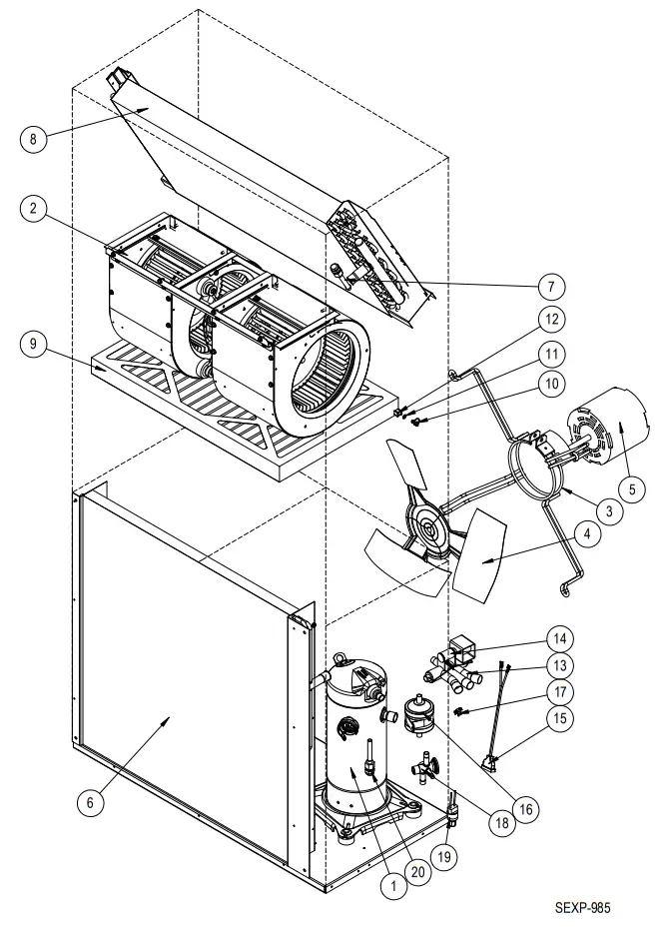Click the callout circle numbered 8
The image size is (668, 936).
click(x=33, y=139)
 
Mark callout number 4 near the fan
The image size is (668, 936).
click(x=593, y=536)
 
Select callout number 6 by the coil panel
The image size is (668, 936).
click(x=92, y=800)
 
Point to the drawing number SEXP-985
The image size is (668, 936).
click(x=582, y=909)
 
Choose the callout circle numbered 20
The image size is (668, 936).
click(x=419, y=870)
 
